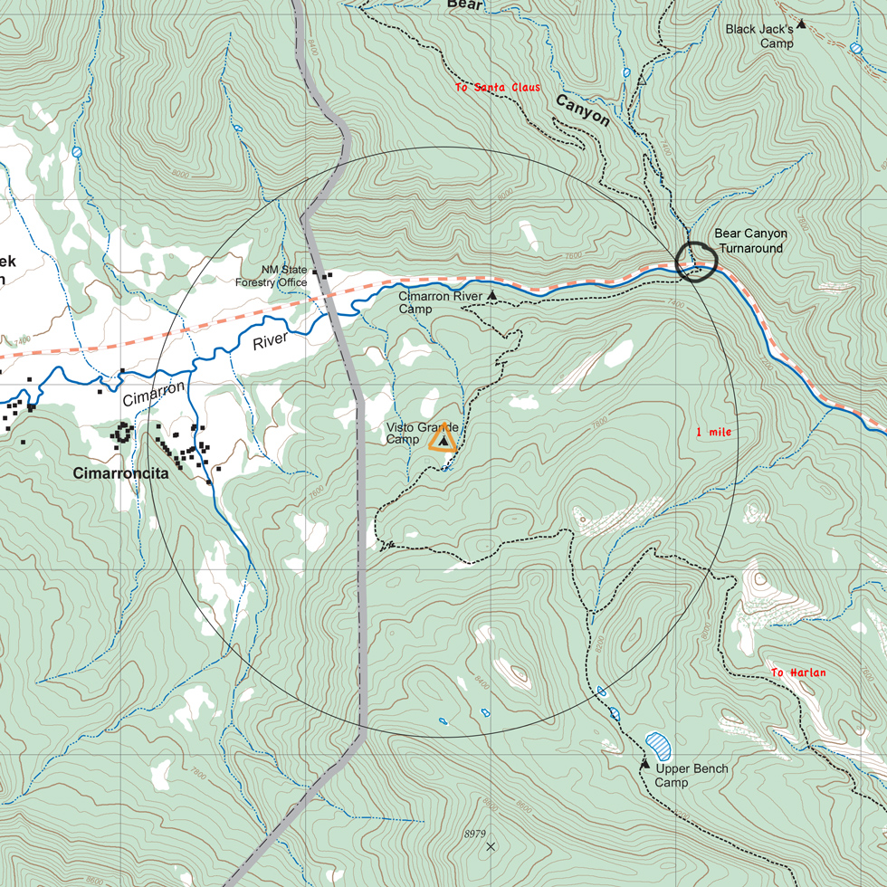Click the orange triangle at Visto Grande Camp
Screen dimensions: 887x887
(x=443, y=439)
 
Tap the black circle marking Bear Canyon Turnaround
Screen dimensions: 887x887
(x=696, y=262)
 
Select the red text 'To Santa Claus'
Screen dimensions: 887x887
(x=498, y=88)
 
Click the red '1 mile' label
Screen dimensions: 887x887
(x=713, y=433)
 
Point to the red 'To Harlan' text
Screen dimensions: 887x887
(x=798, y=672)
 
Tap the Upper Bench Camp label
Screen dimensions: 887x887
(x=691, y=776)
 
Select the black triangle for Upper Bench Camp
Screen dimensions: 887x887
(x=644, y=765)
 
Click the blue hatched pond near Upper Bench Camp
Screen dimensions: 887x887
(x=659, y=746)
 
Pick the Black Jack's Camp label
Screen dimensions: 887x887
(x=759, y=36)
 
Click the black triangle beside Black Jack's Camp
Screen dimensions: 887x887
(x=801, y=24)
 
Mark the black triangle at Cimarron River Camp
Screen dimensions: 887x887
(x=492, y=296)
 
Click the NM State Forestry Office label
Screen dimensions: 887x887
(x=272, y=276)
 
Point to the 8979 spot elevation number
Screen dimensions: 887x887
(x=474, y=833)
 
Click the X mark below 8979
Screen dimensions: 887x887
(x=491, y=847)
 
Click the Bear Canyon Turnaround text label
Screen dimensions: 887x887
(x=750, y=240)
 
